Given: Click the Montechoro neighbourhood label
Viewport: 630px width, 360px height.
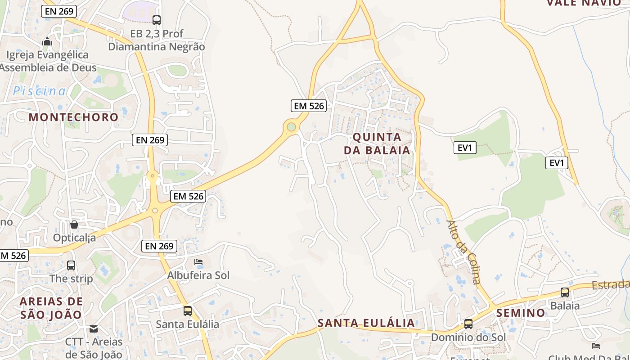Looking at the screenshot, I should coord(74,117).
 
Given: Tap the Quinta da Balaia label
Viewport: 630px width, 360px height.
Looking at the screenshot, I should coord(377,144).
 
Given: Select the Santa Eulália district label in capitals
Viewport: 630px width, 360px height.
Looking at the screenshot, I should coord(366,323).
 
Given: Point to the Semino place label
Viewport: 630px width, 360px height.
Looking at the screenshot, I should coord(521,313).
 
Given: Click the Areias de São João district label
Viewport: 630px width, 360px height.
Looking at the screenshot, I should coord(51,308).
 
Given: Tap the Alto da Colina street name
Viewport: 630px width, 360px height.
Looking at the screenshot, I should coord(464,252).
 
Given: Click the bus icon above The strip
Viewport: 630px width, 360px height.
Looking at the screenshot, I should coord(71,265).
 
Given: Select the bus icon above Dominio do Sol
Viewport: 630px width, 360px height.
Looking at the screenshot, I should coord(468,324).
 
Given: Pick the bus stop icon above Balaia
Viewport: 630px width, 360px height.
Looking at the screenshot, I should coord(565,292).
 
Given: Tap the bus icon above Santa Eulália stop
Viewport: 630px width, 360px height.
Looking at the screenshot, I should coord(188,310).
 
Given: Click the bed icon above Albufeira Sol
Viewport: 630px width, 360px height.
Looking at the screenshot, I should coord(198,262).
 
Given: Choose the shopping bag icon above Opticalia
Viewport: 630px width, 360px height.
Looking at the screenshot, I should coord(74,224).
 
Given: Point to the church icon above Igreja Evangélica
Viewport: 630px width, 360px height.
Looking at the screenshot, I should coord(47,42).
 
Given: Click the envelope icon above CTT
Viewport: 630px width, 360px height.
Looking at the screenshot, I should coord(94,329).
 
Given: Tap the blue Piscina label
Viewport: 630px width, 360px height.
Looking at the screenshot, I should coord(39,91).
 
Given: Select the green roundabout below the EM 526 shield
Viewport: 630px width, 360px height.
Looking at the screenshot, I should coord(292,127).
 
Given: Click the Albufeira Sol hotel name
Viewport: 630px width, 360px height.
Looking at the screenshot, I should coord(198,275).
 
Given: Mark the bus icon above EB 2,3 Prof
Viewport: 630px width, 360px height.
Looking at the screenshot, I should coord(157,20).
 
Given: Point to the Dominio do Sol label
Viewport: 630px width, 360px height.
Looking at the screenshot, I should coord(468,337).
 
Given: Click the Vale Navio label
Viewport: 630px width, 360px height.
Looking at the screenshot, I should coord(583,3).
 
